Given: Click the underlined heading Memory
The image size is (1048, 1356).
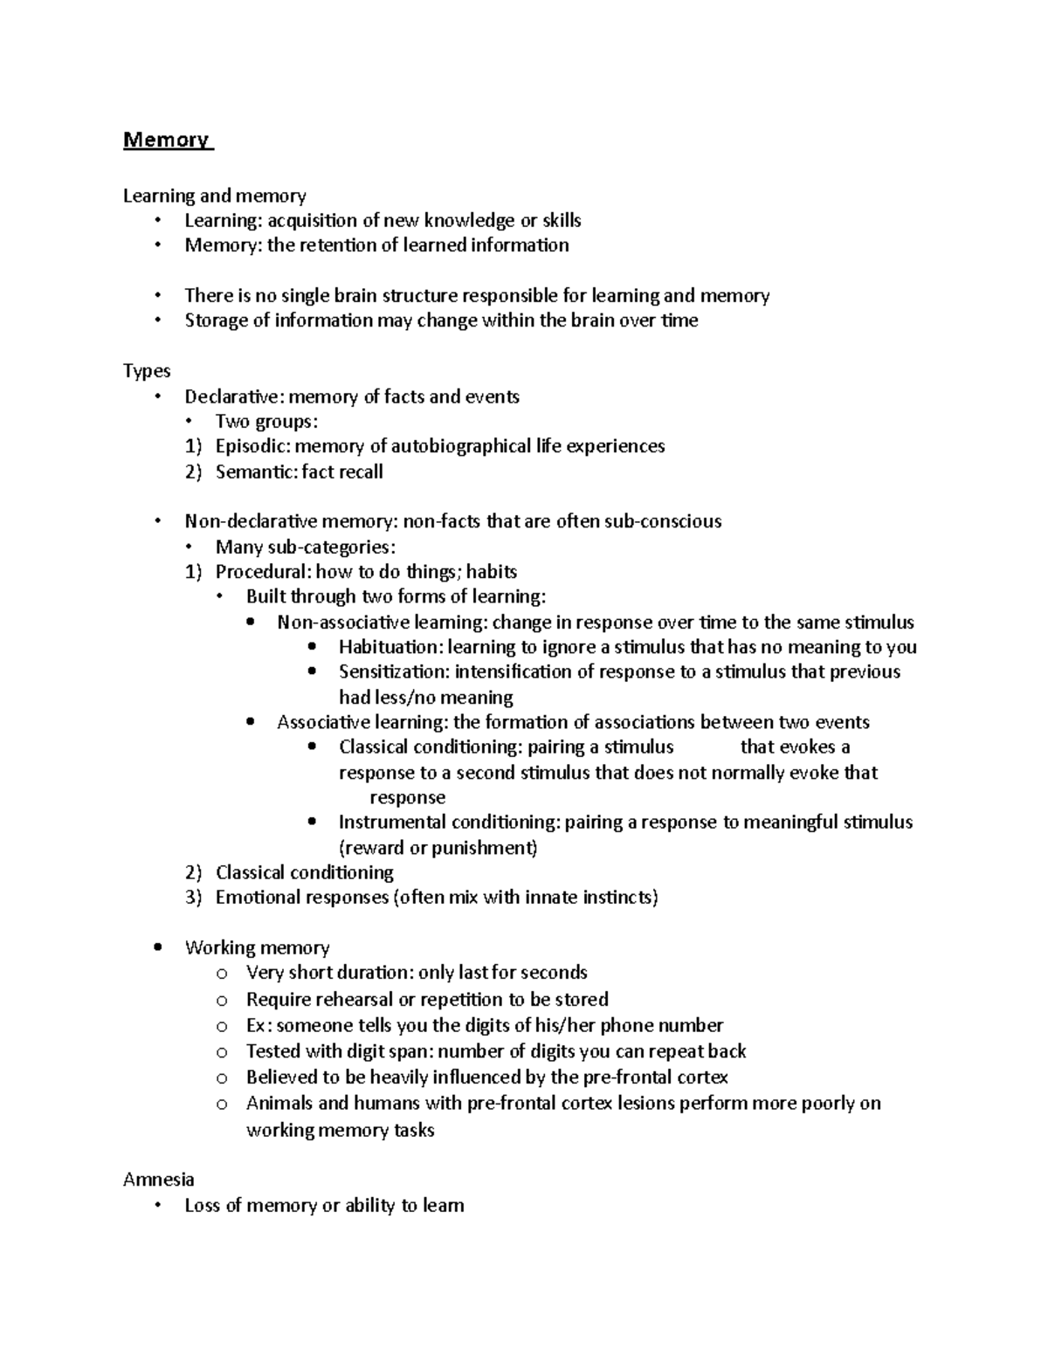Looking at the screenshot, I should tap(166, 140).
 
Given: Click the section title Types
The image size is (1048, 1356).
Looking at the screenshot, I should tap(147, 371).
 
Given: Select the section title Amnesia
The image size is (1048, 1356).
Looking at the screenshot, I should tap(158, 1180).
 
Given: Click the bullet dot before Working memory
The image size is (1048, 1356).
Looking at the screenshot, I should tap(157, 948).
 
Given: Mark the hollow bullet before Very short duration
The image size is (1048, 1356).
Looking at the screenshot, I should tap(222, 974).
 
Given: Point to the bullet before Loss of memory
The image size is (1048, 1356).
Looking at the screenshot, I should tap(157, 1206).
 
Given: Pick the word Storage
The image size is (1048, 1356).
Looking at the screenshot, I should tap(216, 320).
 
